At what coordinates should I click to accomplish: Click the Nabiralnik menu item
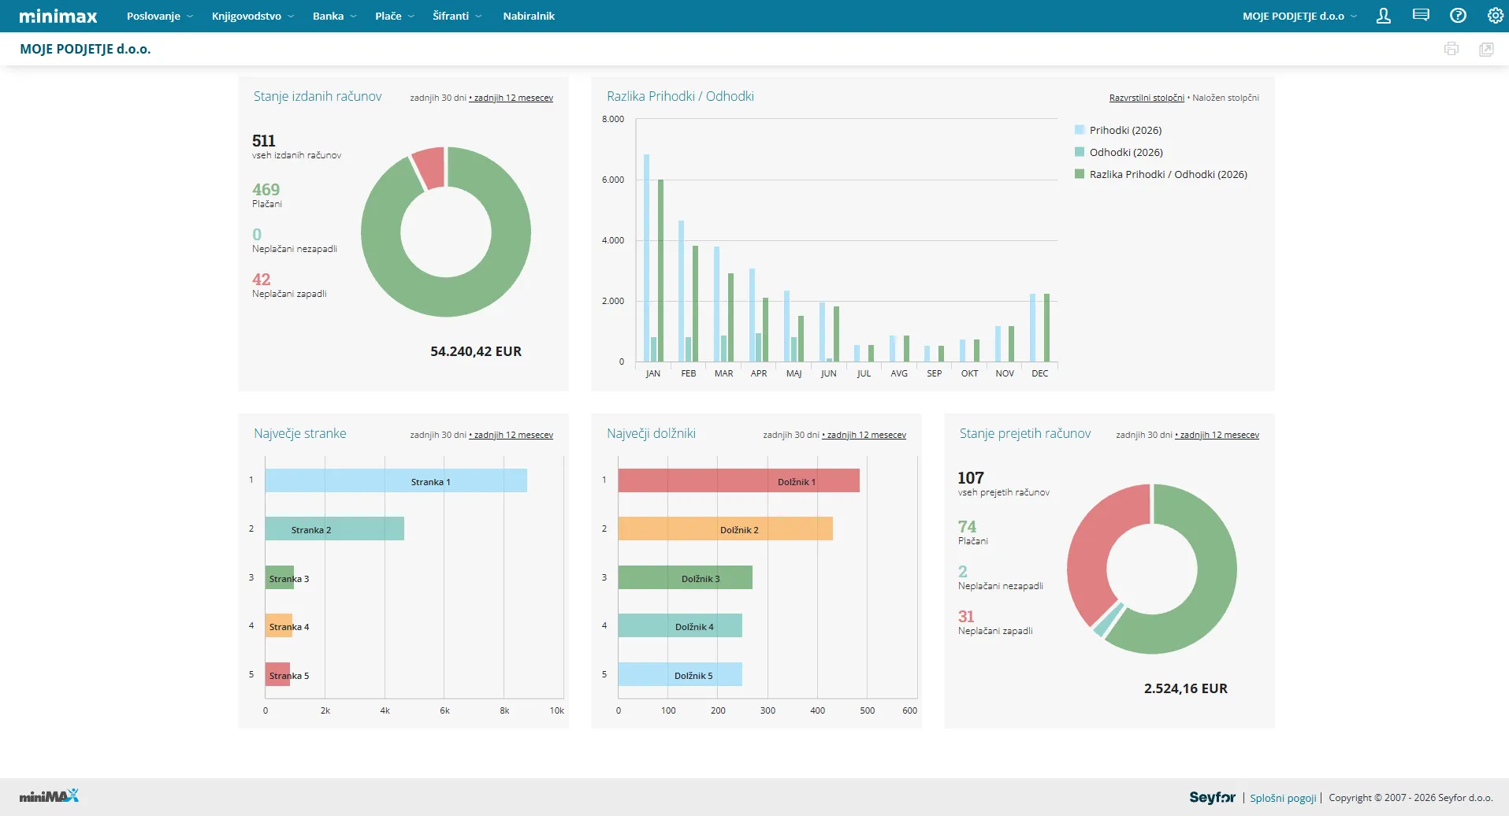click(x=529, y=16)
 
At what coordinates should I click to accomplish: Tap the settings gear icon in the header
click(x=1495, y=16)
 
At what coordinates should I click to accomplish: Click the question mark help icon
click(x=1458, y=16)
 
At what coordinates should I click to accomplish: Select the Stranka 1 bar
click(x=396, y=481)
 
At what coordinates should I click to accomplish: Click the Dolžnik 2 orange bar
click(x=725, y=529)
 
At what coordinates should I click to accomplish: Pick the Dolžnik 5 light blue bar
click(x=680, y=675)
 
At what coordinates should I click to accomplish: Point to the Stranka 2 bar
click(x=334, y=529)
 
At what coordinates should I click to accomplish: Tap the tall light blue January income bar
click(x=647, y=258)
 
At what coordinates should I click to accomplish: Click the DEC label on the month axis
click(x=1040, y=373)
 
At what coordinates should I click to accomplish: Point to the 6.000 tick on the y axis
click(x=613, y=180)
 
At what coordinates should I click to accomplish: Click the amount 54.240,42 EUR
click(x=476, y=351)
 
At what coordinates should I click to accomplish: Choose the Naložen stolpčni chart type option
click(x=1225, y=98)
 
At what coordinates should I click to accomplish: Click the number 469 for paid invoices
click(x=266, y=190)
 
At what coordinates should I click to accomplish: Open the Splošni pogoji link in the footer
click(x=1283, y=798)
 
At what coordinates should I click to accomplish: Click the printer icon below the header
click(x=1451, y=49)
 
